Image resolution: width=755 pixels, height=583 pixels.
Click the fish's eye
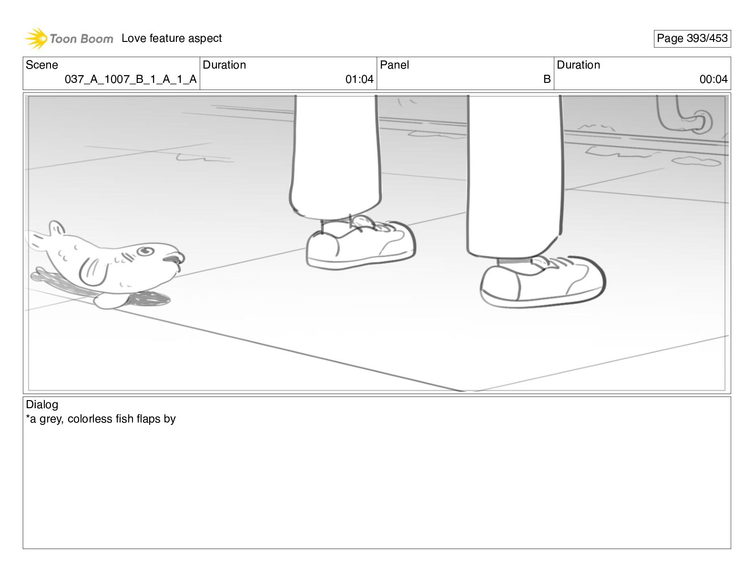coord(145,251)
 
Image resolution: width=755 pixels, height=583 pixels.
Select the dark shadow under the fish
coord(149,299)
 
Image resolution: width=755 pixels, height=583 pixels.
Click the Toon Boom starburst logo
coord(36,38)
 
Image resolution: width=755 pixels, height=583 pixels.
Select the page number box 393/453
coord(692,39)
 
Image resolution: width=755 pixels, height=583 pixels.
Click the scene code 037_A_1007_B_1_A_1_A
coord(131,79)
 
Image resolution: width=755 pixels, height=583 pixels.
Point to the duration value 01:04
coord(359,79)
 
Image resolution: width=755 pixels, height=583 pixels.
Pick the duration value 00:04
coord(714,79)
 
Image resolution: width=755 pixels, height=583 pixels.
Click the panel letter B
coord(547,79)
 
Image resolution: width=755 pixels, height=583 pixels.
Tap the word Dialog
coord(42,404)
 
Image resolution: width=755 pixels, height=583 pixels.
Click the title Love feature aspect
coord(172,38)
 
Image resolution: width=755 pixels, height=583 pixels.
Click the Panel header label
coord(394,65)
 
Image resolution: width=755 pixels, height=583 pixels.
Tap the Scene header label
coord(41,65)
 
